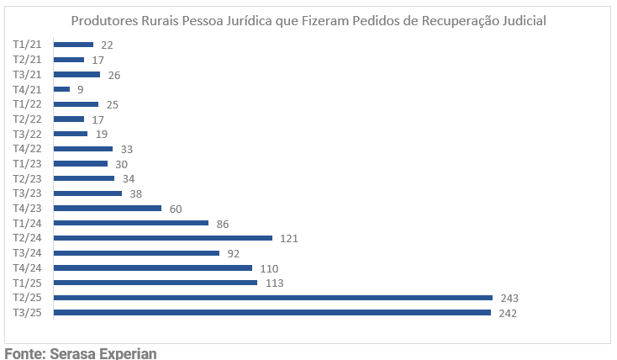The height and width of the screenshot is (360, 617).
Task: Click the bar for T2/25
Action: click(x=272, y=298)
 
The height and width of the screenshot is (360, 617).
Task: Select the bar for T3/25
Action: click(x=272, y=313)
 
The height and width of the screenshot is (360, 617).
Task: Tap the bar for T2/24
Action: click(x=162, y=238)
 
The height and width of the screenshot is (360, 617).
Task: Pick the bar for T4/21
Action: click(x=61, y=89)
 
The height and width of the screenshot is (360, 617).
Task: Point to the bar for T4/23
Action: click(x=107, y=208)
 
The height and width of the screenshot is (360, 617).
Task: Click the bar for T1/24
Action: click(x=130, y=223)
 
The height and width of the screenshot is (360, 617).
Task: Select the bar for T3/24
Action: click(x=136, y=253)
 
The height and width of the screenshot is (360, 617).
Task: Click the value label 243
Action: click(x=510, y=298)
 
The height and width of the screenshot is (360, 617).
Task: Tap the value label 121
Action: click(x=289, y=238)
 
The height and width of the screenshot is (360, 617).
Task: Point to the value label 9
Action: click(x=80, y=89)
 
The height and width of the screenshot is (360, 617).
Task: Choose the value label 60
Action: click(x=176, y=209)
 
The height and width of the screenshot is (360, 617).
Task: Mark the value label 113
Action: click(x=274, y=283)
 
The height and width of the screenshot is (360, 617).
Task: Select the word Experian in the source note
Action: click(x=129, y=353)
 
